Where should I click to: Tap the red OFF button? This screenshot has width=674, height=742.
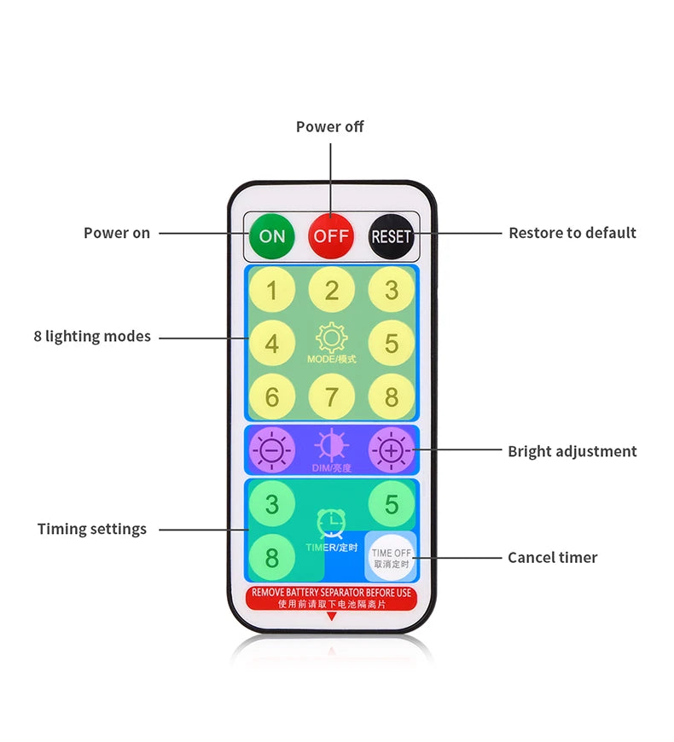tap(331, 235)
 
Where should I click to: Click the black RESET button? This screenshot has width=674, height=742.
tap(391, 235)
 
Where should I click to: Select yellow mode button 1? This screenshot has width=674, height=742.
tap(272, 291)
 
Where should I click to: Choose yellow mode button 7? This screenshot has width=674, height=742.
tap(331, 397)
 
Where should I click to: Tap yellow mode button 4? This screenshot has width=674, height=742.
tap(272, 344)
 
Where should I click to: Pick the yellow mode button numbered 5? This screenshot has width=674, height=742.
tap(391, 344)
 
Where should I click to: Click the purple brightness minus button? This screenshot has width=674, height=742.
tap(272, 449)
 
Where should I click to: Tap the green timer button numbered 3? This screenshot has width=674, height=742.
tap(272, 504)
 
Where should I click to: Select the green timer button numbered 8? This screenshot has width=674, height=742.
tap(272, 557)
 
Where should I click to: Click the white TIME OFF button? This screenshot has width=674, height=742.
tap(391, 558)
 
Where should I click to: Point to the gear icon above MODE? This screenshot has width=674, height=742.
tap(331, 338)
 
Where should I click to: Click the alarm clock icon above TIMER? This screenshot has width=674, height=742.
tap(331, 523)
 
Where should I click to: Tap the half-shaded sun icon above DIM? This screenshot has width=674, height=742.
tap(331, 445)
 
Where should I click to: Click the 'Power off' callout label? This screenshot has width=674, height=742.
tap(329, 127)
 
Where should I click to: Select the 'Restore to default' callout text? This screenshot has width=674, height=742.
tap(572, 233)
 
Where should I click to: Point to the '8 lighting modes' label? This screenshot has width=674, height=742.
tap(92, 337)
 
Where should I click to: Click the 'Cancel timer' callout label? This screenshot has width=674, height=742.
tap(552, 558)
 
